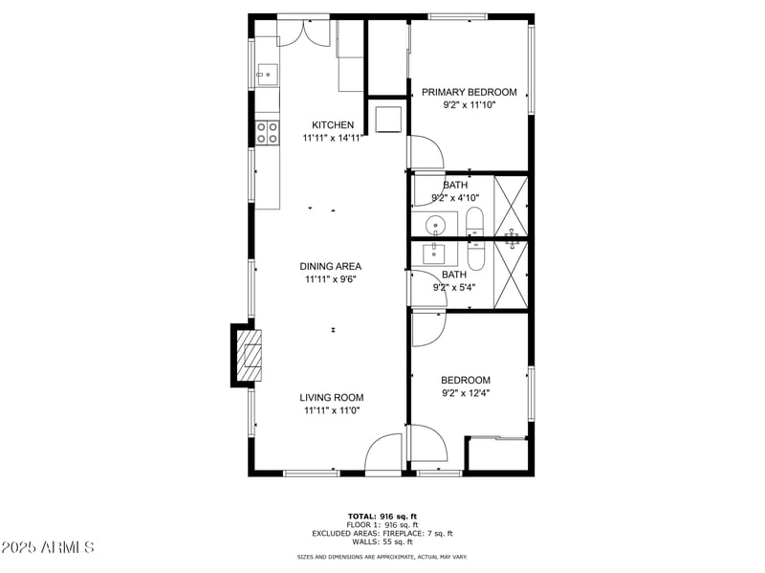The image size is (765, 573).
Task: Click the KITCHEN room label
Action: coord(333,125)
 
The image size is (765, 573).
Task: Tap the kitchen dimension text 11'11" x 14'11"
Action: coord(333,138)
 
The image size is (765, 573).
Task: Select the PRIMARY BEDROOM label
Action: coord(469,93)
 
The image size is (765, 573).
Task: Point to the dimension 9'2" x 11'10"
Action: coord(469,105)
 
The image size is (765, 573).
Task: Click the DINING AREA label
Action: coord(331,267)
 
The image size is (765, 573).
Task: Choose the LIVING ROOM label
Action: coord(331,398)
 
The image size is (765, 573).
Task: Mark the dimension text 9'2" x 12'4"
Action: coord(466,392)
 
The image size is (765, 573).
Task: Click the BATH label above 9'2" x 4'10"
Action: coord(455,186)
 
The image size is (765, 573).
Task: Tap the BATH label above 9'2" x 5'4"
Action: coord(455,275)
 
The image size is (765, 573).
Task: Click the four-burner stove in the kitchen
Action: coord(267,132)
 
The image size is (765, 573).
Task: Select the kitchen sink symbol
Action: coord(266,73)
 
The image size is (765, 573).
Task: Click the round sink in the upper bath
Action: coord(436,226)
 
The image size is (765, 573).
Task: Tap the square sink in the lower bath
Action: coord(435,253)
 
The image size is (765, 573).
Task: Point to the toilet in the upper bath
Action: coord(475,223)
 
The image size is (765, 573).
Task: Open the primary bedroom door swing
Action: coord(424,153)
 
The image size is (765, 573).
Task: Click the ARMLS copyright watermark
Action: coord(48,547)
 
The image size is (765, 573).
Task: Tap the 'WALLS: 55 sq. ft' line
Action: coord(382,541)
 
